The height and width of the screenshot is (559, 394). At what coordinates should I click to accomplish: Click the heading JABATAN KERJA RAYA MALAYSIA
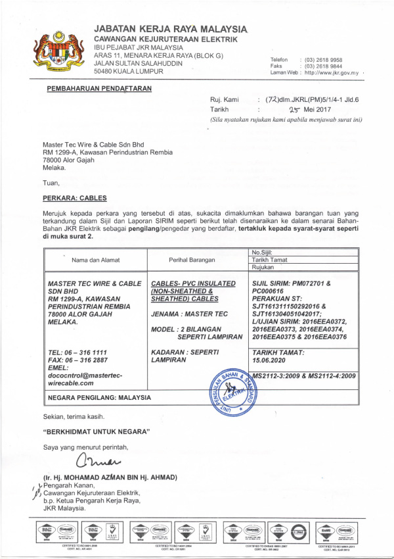(x=171, y=29)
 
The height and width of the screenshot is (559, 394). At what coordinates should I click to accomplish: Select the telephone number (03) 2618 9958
(x=323, y=60)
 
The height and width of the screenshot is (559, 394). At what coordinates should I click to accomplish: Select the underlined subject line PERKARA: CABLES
(x=74, y=198)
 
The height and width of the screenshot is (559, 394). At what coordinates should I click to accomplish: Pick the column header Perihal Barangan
(x=192, y=260)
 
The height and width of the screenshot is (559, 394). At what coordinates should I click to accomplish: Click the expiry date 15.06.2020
(x=273, y=360)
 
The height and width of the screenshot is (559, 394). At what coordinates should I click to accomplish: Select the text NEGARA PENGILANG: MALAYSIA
(x=98, y=398)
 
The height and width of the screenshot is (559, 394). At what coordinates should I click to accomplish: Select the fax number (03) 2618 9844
(x=323, y=66)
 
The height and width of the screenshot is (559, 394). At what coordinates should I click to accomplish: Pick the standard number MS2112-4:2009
(x=331, y=376)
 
